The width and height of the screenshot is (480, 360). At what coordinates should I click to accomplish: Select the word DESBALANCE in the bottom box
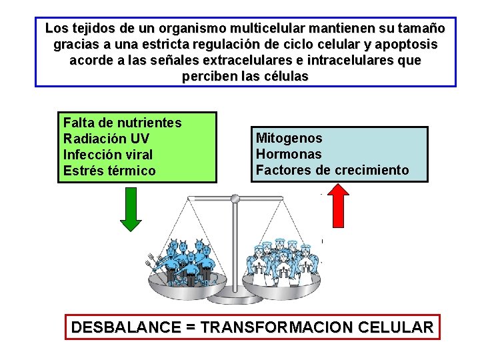point(125,327)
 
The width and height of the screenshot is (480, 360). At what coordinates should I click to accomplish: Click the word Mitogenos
point(289,138)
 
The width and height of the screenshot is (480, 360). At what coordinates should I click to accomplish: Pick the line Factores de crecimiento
point(332,170)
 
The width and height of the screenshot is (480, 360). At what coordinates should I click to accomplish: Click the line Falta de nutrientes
point(122,123)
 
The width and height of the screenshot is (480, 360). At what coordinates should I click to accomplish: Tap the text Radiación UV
point(106,139)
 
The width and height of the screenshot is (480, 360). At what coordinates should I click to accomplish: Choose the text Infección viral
point(108,155)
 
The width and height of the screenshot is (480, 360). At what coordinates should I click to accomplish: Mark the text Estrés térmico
point(109,171)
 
